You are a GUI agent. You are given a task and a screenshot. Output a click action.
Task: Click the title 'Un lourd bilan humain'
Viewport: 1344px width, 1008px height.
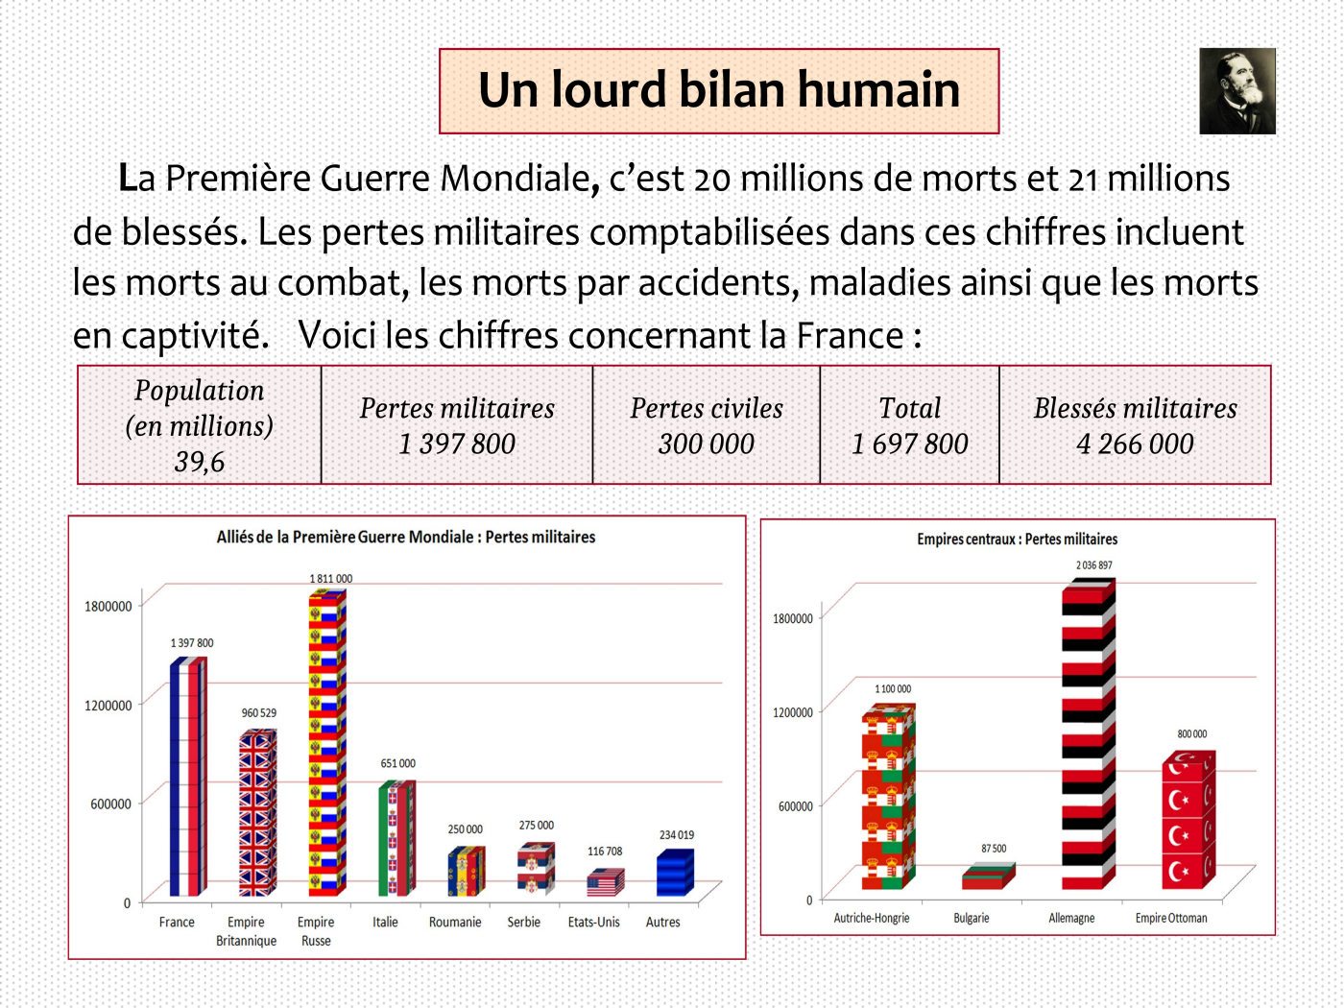[x=719, y=91]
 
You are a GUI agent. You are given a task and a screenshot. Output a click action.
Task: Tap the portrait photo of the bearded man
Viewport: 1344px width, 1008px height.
[x=1237, y=91]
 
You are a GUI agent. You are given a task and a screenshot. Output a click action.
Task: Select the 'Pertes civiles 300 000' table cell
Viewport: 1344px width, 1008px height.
[x=707, y=425]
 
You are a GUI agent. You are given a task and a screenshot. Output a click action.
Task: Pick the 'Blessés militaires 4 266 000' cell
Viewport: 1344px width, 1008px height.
[x=1135, y=425]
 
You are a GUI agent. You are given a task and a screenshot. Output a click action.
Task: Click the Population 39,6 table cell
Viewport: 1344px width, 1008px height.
[x=200, y=425]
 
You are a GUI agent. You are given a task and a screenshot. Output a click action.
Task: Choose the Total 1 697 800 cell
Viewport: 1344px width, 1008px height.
[x=910, y=425]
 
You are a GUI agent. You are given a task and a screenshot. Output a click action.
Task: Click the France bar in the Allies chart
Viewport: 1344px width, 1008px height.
[x=187, y=778]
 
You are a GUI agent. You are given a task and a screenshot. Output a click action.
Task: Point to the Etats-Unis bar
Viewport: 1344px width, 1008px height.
[x=605, y=882]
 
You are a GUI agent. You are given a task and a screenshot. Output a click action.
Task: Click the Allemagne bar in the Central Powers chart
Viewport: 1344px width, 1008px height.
[x=1088, y=734]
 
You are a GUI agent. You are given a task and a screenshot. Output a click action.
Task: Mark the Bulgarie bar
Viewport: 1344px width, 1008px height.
[x=987, y=876]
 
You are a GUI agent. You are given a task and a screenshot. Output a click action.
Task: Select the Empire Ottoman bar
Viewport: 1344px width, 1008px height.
[x=1188, y=821]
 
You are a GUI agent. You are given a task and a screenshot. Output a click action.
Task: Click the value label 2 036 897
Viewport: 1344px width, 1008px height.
[x=1093, y=565]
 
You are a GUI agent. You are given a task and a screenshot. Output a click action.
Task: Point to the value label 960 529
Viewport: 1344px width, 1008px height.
[x=258, y=713]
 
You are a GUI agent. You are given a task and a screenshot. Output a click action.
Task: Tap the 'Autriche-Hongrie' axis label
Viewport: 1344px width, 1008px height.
[x=871, y=919]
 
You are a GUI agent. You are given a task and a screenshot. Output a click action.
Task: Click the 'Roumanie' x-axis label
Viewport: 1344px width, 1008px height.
[x=455, y=923]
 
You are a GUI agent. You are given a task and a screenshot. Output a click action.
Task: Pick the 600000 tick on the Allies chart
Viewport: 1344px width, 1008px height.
[x=110, y=804]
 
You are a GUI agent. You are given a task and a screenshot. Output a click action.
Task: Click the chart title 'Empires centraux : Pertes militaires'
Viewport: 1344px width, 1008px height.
[x=1017, y=540]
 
